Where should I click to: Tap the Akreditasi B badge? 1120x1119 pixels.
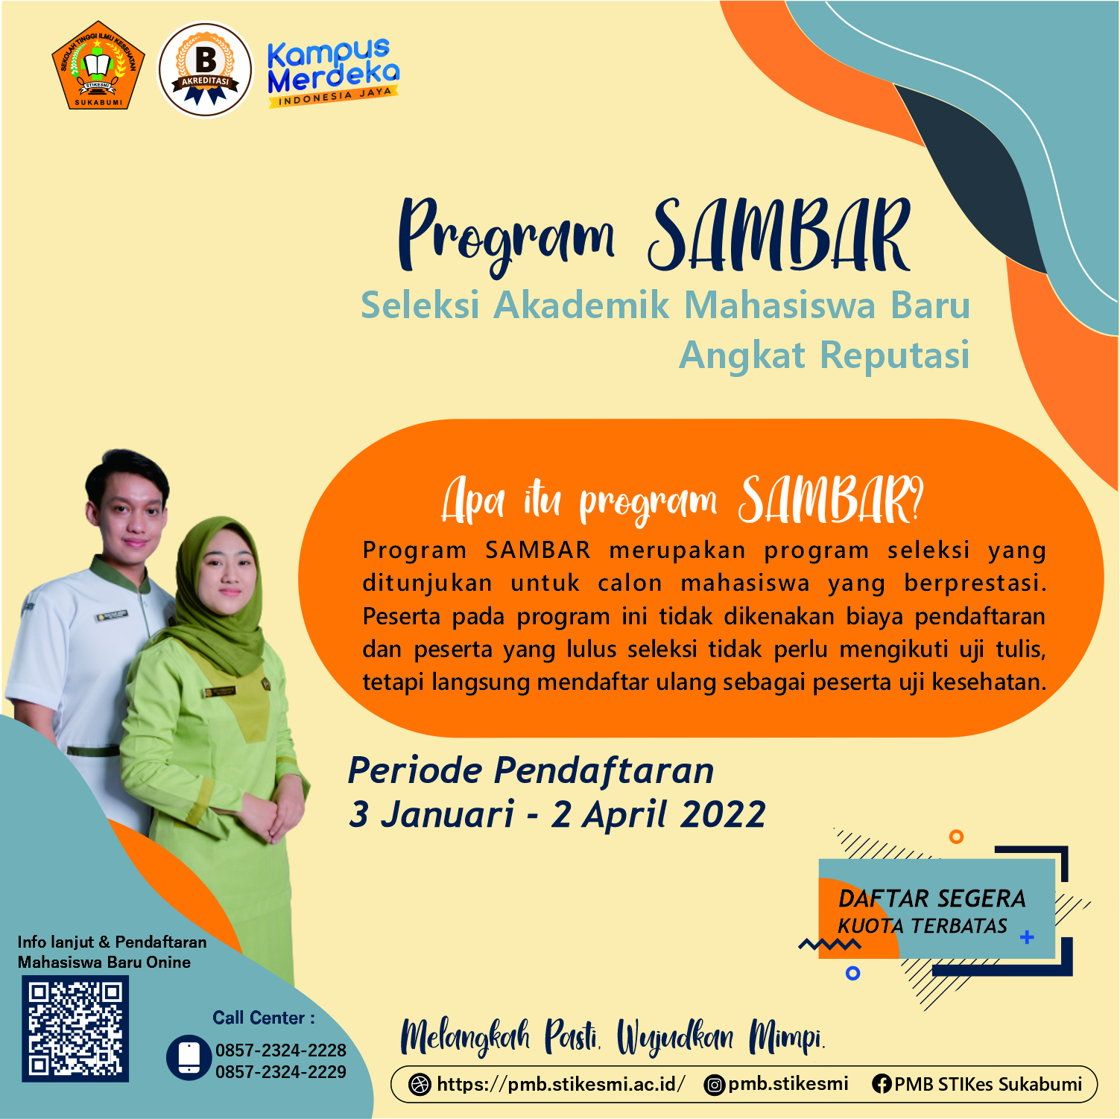[206, 69]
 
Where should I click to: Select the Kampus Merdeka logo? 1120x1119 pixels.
[333, 72]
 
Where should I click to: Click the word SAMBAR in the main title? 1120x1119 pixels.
[779, 235]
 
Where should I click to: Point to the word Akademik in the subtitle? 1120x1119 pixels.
[582, 305]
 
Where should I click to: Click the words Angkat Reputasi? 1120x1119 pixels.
[825, 355]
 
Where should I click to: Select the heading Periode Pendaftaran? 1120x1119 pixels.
[531, 770]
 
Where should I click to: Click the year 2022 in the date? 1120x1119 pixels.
[723, 814]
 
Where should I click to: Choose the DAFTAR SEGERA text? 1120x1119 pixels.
[932, 898]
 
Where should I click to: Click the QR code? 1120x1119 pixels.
[75, 1029]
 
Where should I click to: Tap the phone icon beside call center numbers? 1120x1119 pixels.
[189, 1057]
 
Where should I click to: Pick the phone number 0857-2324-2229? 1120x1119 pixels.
[281, 1072]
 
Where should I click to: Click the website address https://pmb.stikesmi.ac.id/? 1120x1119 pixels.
[560, 1084]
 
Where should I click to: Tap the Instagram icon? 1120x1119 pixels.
[714, 1085]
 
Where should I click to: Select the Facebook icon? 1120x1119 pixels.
[882, 1085]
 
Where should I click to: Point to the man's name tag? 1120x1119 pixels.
[111, 616]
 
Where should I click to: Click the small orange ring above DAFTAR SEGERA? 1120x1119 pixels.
[956, 837]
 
